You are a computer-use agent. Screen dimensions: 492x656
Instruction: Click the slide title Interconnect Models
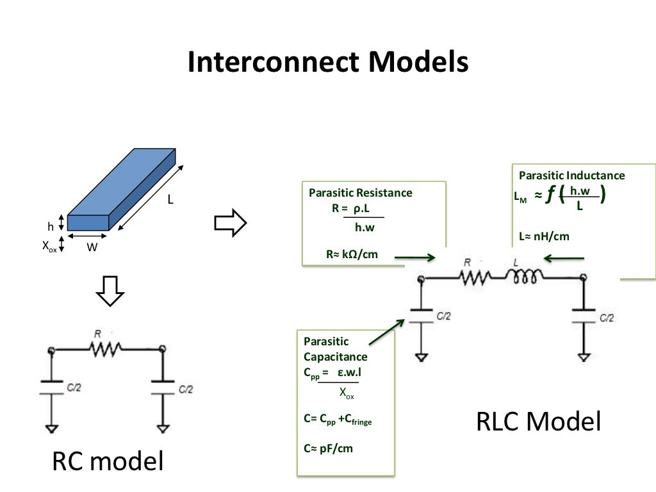pyautogui.click(x=327, y=63)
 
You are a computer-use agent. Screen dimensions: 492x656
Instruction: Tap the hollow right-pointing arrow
pyautogui.click(x=229, y=222)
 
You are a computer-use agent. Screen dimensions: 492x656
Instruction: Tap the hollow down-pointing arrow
pyautogui.click(x=110, y=294)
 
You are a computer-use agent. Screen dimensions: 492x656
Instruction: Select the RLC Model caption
pyautogui.click(x=539, y=422)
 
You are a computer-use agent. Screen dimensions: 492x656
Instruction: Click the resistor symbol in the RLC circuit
pyautogui.click(x=475, y=277)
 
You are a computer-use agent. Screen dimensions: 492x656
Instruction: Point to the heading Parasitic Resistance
pyautogui.click(x=361, y=193)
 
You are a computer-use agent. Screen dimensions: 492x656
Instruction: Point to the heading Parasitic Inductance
pyautogui.click(x=571, y=176)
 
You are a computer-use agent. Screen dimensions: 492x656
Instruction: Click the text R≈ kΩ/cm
pyautogui.click(x=352, y=254)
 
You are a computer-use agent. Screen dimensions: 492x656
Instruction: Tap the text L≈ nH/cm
pyautogui.click(x=543, y=236)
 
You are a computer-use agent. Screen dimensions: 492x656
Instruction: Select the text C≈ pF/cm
pyautogui.click(x=328, y=448)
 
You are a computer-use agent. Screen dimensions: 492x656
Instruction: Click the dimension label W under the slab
pyautogui.click(x=92, y=247)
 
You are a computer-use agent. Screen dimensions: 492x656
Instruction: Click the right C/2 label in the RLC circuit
pyautogui.click(x=607, y=317)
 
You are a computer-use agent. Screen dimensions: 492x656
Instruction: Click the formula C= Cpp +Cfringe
pyautogui.click(x=338, y=420)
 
